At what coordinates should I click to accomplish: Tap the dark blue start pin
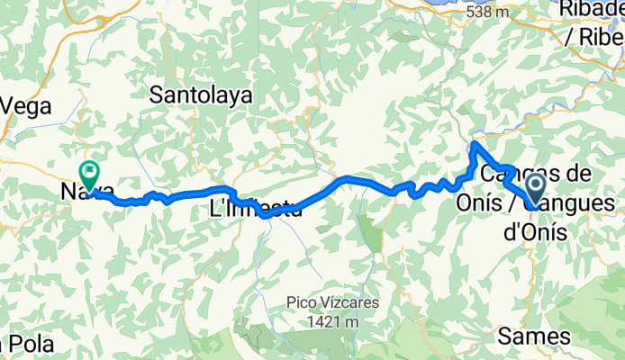pyautogui.click(x=534, y=189)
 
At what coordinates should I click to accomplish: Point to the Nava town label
pyautogui.click(x=86, y=191)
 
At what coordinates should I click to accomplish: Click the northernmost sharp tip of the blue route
pyautogui.click(x=475, y=143)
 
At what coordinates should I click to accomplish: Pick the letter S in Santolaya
pyautogui.click(x=157, y=94)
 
